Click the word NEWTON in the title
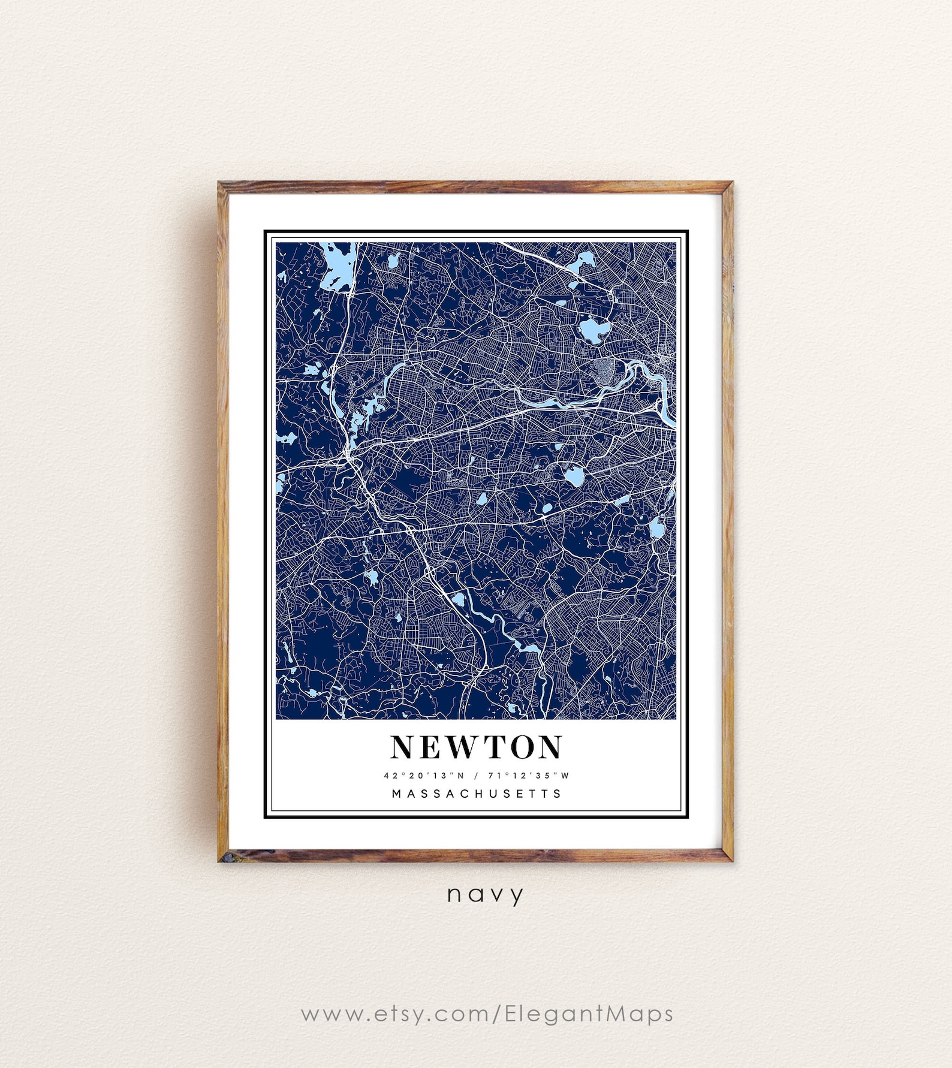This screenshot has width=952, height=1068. pos(476,747)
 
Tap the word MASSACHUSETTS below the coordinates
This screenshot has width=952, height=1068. pos(477,794)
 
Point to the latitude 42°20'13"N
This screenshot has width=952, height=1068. pos(424,775)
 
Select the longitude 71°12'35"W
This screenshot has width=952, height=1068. pos(528,775)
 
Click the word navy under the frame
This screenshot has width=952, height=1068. pos(485,895)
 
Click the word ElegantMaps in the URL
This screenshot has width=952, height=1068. pos(589,1013)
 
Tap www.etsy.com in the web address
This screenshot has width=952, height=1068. pos(396,1014)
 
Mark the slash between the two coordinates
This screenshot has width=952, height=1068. pos(476,775)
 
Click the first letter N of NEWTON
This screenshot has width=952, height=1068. pos(403,747)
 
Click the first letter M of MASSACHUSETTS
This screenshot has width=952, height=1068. pos(396,794)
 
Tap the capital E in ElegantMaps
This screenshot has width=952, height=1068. pos(511,1013)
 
